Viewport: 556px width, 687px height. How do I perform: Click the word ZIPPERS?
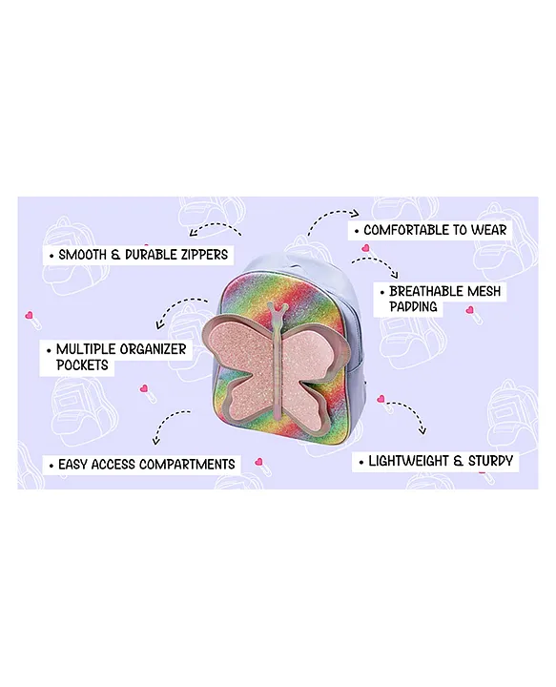pos(203,255)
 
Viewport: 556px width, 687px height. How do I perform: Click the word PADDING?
pos(413,306)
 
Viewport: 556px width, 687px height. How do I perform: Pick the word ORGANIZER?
pos(153,349)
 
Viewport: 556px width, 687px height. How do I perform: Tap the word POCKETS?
pos(82,364)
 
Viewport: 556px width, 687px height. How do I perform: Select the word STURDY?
pos(490,461)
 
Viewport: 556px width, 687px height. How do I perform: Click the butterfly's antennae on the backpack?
pos(279,309)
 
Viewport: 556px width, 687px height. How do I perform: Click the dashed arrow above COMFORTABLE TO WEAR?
pos(332,215)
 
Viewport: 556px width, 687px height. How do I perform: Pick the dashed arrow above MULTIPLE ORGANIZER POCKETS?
pos(179,306)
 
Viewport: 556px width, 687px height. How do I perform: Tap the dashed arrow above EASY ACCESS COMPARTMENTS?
pos(166,422)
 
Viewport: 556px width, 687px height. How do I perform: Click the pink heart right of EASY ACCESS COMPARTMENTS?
pos(259,462)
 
